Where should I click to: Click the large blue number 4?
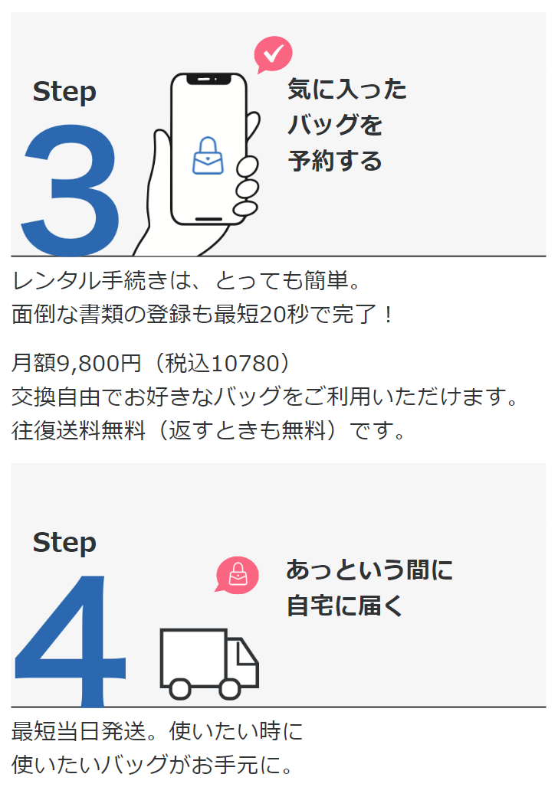[69, 639]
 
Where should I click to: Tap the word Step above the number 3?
[64, 92]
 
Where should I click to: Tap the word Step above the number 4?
[64, 543]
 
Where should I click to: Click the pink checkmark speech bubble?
[273, 54]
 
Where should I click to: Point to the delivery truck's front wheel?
[230, 687]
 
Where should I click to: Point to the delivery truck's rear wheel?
[179, 687]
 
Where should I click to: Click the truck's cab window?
[247, 653]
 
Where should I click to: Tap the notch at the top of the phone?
[208, 79]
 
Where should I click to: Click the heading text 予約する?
[334, 162]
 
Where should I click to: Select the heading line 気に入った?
[346, 90]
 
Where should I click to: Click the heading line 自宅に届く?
[344, 606]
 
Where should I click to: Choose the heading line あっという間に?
[369, 570]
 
